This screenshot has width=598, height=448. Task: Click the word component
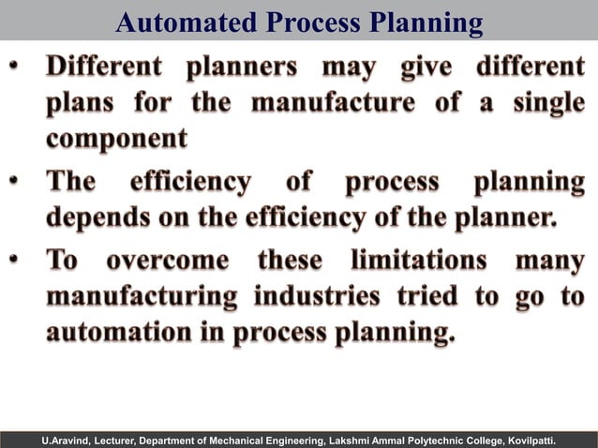[117, 139]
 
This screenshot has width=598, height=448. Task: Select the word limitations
[418, 259]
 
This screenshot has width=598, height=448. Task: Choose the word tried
[427, 296]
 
